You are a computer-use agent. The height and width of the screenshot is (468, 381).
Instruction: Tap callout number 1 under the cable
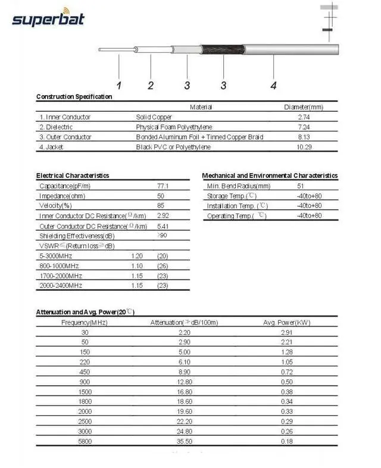pos(118,85)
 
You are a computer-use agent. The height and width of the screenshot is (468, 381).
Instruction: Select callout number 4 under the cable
pos(273,85)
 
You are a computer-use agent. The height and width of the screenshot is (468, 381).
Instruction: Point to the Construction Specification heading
pos(74,96)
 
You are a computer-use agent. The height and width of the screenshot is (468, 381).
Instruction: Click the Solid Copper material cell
pos(154,117)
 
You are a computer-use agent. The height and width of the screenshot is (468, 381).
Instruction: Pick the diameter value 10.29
pos(304,147)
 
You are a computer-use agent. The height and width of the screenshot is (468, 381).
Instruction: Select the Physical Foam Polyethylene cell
pos(174,127)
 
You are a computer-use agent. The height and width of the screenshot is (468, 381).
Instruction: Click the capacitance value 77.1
pos(163,186)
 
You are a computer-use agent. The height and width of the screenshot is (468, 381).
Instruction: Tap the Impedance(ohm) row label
pos(60,196)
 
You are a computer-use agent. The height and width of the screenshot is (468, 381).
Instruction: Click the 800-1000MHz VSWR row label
pos(60,266)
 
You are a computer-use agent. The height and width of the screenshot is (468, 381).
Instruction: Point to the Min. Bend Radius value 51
pos(300,186)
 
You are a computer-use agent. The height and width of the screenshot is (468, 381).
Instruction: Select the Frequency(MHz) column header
pos(85,322)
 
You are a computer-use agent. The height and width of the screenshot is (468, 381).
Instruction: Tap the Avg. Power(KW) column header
pos(286,322)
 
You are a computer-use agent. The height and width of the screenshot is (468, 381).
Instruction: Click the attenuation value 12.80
pos(185,381)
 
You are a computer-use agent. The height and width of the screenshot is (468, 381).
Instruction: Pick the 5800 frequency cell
pos(85,442)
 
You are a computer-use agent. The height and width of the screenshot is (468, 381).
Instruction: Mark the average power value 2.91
pos(286,332)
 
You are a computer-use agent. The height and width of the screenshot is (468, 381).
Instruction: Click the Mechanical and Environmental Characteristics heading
pos(270,175)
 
